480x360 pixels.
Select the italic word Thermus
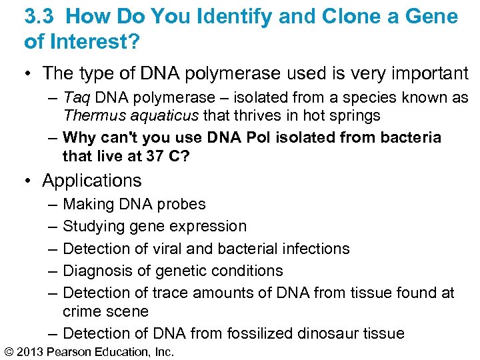pyautogui.click(x=91, y=115)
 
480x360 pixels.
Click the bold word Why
pyautogui.click(x=79, y=138)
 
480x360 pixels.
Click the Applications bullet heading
pyautogui.click(x=91, y=181)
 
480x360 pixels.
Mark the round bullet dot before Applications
pyautogui.click(x=30, y=181)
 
